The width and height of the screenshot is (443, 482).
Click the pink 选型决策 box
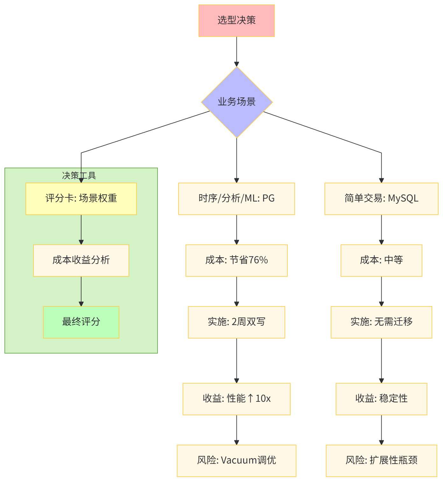pos(236,21)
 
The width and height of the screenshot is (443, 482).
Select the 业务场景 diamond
pos(237,102)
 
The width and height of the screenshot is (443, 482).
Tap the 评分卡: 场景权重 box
pos(81,199)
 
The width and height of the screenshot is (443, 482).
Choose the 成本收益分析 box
pos(81,260)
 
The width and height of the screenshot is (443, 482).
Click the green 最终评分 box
pos(81,322)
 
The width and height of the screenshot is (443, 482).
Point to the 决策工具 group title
pos(79,175)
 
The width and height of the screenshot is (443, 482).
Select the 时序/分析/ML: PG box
pos(236,199)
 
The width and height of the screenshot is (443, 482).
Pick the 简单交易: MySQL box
pos(381,199)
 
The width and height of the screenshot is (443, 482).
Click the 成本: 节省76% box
pos(236,260)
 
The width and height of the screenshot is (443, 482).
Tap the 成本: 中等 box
pos(381,260)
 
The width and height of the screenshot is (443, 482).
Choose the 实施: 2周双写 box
pos(236,322)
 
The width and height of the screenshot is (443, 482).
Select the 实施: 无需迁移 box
pos(381,322)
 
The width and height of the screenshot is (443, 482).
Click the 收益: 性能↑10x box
pos(236,399)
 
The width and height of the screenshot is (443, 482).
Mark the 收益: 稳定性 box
pos(381,399)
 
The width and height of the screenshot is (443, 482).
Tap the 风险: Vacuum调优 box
pos(236,461)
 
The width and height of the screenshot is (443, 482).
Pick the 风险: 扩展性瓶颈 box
pos(381,461)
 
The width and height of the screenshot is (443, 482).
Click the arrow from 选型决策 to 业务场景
pos(236,51)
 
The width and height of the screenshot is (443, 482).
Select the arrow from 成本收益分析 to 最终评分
pos(81,291)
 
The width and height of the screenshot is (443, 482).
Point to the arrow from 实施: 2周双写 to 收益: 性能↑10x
pos(236,360)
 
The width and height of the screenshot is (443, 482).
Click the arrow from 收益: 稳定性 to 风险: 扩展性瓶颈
pos(381,430)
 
